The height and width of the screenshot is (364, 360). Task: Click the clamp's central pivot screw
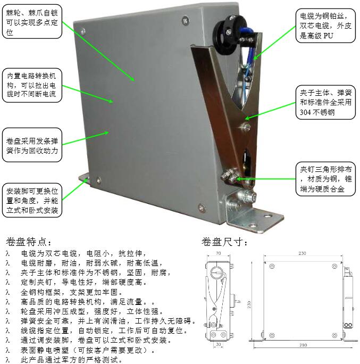click(245, 127)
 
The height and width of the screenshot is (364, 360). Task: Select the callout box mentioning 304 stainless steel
click(325, 102)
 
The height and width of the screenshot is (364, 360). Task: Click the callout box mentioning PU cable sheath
click(325, 26)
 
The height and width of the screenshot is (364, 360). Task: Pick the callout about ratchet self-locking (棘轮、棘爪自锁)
click(32, 21)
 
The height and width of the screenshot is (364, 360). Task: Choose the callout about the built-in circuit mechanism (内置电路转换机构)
click(32, 85)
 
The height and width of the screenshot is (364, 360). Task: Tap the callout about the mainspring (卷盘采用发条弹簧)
click(32, 145)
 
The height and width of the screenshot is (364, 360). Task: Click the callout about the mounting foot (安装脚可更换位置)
click(32, 200)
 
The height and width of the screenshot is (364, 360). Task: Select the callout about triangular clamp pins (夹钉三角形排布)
click(325, 179)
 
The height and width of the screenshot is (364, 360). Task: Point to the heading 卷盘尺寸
click(224, 242)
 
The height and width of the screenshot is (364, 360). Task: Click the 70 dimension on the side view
click(218, 253)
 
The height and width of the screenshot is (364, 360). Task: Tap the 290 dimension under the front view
click(303, 345)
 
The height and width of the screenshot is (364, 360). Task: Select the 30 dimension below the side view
click(218, 344)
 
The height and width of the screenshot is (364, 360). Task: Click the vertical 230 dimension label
click(249, 304)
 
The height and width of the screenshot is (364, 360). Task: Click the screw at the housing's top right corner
click(186, 20)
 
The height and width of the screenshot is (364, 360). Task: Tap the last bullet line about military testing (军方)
click(71, 360)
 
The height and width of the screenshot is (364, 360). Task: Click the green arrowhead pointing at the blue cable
click(256, 57)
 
